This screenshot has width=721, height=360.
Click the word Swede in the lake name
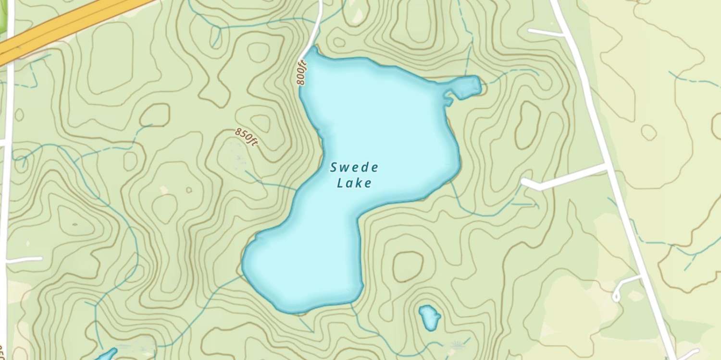354,168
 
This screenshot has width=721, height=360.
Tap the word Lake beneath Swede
354,183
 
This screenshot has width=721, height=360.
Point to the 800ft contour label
301,72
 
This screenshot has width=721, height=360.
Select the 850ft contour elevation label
247,137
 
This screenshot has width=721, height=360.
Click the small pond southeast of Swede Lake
429,317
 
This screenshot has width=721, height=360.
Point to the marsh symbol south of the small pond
457,344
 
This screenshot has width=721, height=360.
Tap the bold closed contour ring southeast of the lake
408,266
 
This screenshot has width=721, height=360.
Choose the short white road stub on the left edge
24,260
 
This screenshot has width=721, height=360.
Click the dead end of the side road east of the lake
525,183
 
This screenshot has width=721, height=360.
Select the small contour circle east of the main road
649,132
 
